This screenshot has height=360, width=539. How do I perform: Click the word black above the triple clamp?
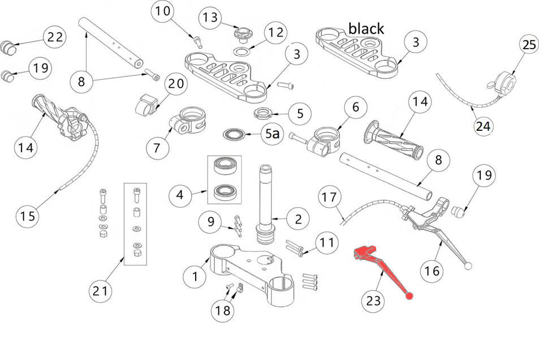click(x=365, y=28)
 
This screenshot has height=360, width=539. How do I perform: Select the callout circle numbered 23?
click(x=373, y=301)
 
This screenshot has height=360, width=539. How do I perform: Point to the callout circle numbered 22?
click(x=55, y=37)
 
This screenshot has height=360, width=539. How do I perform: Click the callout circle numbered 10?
click(x=162, y=11)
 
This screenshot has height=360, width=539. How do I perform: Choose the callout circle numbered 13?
click(x=210, y=18)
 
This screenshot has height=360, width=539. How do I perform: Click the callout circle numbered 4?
click(x=180, y=196)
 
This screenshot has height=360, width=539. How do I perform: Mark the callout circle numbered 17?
click(x=330, y=198)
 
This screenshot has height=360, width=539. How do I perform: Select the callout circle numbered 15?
click(x=28, y=215)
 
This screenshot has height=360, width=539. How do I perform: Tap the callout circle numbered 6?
click(x=355, y=107)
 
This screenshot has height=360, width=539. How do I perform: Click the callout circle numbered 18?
click(x=221, y=310)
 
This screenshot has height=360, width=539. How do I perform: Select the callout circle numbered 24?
click(x=483, y=126)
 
